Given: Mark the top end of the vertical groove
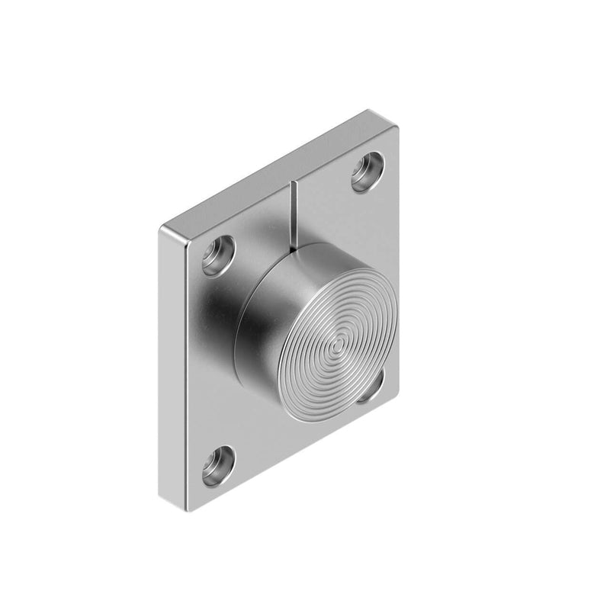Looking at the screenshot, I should [291, 183].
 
